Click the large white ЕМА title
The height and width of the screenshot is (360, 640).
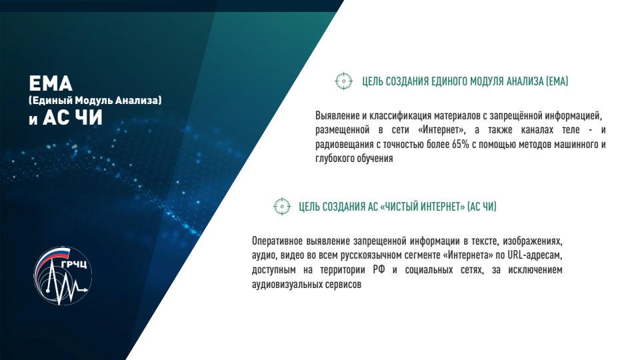click(51, 84)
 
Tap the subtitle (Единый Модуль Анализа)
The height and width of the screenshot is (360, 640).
click(95, 101)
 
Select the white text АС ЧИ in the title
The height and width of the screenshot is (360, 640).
click(73, 117)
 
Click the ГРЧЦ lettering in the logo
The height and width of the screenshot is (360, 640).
click(74, 265)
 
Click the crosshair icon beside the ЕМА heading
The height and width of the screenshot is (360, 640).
click(344, 81)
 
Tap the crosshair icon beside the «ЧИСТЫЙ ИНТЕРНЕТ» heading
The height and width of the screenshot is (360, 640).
click(281, 206)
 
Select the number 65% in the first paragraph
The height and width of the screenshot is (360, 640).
click(461, 145)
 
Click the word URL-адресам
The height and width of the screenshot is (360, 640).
click(535, 255)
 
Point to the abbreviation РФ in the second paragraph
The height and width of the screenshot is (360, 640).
click(379, 270)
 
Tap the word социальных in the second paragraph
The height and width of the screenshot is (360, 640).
click(429, 270)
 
